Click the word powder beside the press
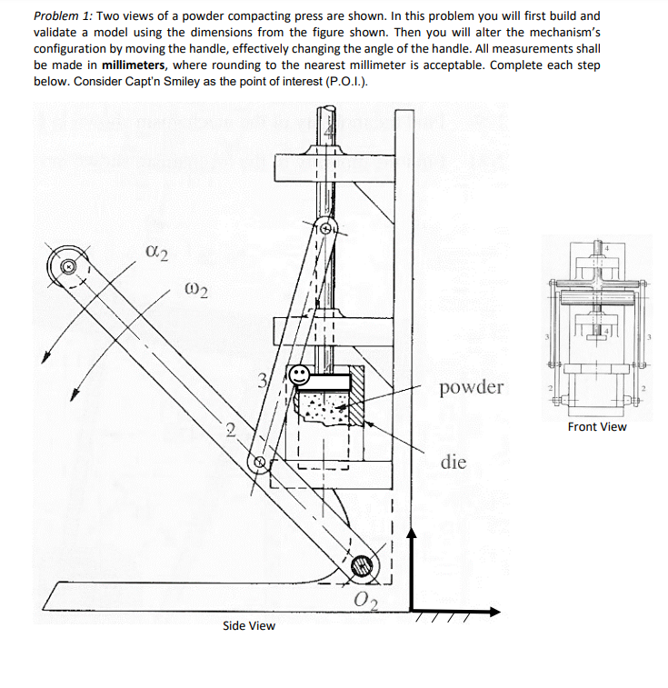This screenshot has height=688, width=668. [470, 388]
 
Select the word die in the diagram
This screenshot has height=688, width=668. [454, 462]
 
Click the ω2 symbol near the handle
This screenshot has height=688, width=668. [196, 291]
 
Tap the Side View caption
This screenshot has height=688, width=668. [248, 625]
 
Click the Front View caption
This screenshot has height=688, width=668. [596, 426]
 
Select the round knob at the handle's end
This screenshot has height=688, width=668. [67, 266]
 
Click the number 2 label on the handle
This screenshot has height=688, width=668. [231, 430]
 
